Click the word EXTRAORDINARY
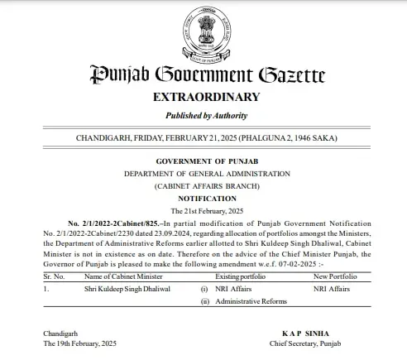tap(203, 98)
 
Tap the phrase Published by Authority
tap(203, 116)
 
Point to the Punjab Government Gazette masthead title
tap(203, 75)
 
